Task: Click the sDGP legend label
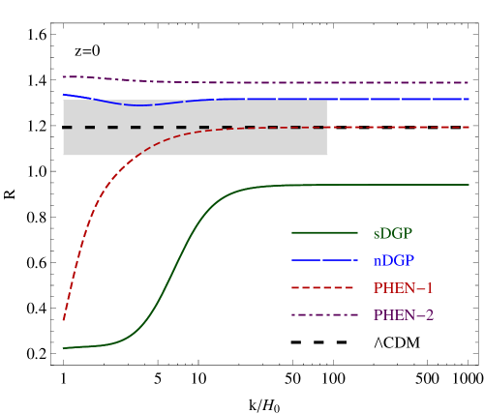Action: coord(392,233)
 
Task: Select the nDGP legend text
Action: coord(393,260)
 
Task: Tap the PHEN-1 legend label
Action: coord(403,288)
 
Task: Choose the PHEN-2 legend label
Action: coord(403,315)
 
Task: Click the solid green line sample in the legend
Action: coord(324,232)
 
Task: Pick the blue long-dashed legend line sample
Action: coord(324,260)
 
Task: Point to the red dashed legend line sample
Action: coord(324,288)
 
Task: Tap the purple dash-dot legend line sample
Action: coord(324,315)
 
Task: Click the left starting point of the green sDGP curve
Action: coord(64,347)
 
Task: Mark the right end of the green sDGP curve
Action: coord(469,185)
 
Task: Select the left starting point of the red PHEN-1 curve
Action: coord(64,319)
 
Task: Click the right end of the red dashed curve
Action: coord(469,127)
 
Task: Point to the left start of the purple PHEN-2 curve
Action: coord(64,76)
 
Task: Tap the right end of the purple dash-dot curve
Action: coord(469,83)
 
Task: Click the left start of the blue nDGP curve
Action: coord(64,95)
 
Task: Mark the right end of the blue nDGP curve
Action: coord(469,99)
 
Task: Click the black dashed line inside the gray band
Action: coord(194,127)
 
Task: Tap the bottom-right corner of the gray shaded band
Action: coord(327,155)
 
